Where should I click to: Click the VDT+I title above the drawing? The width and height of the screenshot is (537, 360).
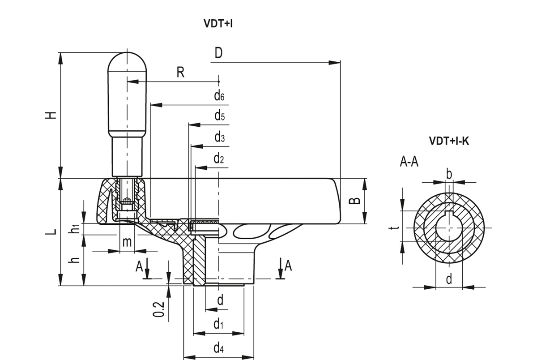(x=218, y=24)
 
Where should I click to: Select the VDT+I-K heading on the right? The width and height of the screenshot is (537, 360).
(x=449, y=141)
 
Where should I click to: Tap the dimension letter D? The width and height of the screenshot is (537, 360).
(x=218, y=53)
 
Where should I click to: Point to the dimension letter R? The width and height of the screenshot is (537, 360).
(x=180, y=72)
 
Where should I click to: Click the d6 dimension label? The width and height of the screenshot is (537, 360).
(x=219, y=96)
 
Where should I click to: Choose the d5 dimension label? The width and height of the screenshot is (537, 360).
(x=220, y=116)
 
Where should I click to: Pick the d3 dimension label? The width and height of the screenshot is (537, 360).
(x=220, y=137)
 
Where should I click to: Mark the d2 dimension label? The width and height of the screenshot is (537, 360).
(x=219, y=159)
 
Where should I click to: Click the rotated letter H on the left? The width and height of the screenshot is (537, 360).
(x=51, y=116)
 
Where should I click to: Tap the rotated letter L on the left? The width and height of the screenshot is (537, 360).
(x=51, y=231)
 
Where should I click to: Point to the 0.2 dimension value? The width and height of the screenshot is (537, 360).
(x=159, y=309)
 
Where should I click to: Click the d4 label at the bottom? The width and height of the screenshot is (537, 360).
(x=219, y=348)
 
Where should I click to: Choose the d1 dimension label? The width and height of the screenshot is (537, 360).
(x=218, y=324)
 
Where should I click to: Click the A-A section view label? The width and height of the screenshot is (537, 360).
(x=409, y=162)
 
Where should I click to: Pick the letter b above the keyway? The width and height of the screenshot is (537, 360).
(x=449, y=174)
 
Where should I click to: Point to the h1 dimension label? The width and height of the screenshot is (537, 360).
(x=75, y=228)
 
